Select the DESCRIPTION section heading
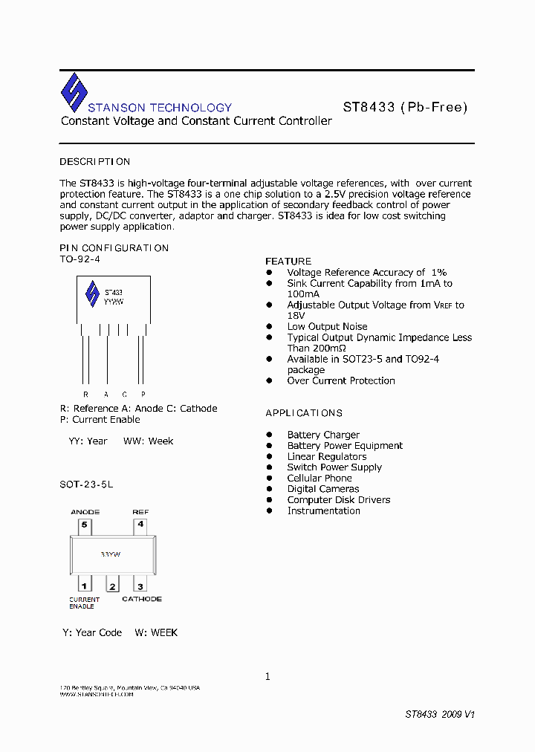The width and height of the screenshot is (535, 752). (94, 161)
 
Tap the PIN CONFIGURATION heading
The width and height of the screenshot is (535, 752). (114, 248)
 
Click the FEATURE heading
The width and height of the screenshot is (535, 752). (288, 262)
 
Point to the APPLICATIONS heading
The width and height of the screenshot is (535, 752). (304, 413)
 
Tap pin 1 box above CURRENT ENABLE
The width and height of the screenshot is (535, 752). (85, 586)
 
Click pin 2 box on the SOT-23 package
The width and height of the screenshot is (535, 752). (113, 586)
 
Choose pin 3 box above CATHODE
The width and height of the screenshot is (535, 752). (140, 586)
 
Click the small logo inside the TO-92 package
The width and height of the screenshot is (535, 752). (92, 294)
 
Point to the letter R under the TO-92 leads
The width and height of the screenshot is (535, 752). (85, 394)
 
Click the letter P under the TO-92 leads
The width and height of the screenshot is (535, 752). (143, 394)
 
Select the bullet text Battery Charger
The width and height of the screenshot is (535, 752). (323, 435)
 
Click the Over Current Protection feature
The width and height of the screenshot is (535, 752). (341, 381)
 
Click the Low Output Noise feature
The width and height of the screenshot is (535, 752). (327, 327)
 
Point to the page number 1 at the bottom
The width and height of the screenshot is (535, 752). (267, 676)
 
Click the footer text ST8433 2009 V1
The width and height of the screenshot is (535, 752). (439, 714)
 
